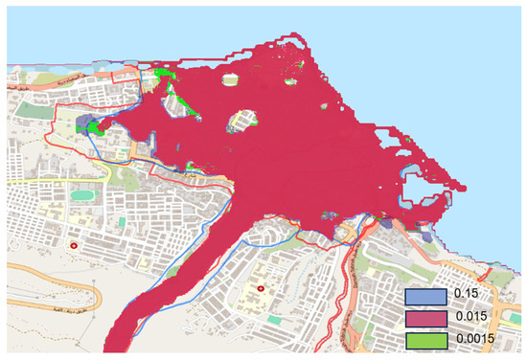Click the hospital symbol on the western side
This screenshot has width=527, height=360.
click(73, 246)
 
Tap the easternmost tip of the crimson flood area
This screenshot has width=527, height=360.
click(468, 185)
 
